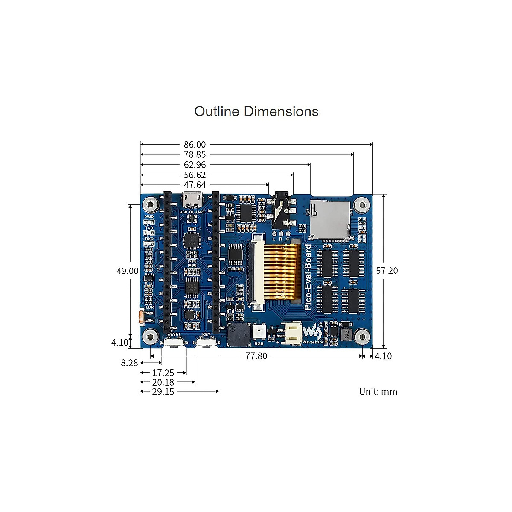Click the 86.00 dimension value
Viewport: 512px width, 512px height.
pos(195,145)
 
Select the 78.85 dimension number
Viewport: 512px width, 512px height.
pos(195,155)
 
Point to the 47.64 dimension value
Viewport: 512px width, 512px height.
pos(195,185)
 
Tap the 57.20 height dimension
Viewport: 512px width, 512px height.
pos(387,271)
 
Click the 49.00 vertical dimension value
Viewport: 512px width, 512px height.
pos(128,271)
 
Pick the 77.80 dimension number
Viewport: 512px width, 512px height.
pos(256,356)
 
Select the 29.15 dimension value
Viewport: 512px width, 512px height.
pos(163,392)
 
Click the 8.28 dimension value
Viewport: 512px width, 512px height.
pos(129,363)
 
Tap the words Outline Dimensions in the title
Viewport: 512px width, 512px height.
pos(256,111)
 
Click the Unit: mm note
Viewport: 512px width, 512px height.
pos(378,392)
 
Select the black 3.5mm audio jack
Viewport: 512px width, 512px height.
pos(282,210)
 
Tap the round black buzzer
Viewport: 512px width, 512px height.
pos(239,335)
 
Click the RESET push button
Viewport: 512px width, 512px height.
pos(174,343)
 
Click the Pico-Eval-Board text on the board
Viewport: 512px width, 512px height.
pos(308,277)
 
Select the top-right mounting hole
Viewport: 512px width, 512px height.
pos(362,205)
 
